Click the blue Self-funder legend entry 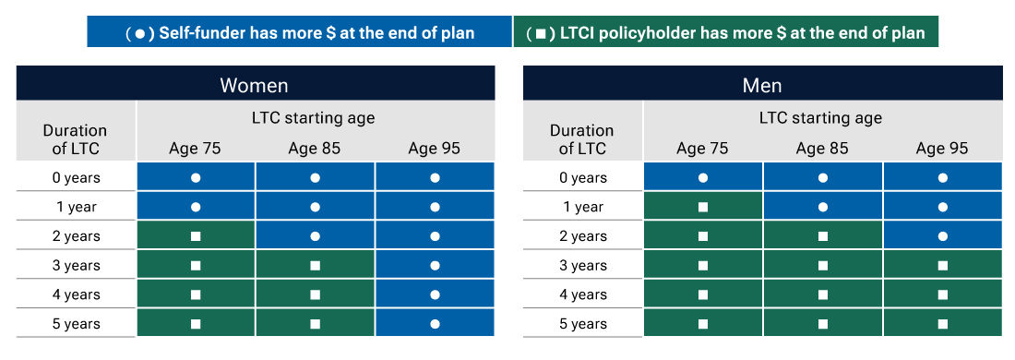[300, 32]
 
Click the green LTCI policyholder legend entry [725, 32]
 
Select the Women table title [255, 86]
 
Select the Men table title [762, 86]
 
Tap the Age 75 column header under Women [195, 148]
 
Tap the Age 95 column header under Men [942, 148]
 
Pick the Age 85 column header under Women [315, 148]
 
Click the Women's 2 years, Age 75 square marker [195, 236]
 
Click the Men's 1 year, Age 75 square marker [702, 207]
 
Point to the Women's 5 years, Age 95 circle [435, 324]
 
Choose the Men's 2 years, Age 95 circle [942, 236]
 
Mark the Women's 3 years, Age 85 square [315, 266]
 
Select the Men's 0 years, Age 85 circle [822, 177]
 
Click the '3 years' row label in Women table [76, 266]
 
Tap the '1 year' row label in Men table [583, 207]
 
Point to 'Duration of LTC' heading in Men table [581, 139]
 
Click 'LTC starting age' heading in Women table [314, 118]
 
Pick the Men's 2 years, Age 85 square [822, 236]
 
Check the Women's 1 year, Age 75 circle [195, 207]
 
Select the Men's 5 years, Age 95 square [942, 324]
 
